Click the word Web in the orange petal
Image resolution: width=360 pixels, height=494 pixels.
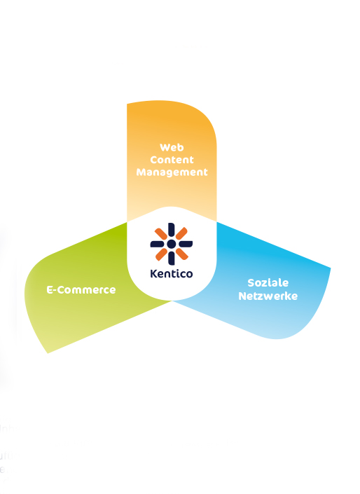(172, 147)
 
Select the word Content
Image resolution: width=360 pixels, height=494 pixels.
(172, 160)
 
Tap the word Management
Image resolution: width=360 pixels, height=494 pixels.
(172, 172)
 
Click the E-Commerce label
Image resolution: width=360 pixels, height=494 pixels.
(81, 290)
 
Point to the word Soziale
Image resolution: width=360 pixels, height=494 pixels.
(268, 282)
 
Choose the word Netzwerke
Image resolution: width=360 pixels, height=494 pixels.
(268, 296)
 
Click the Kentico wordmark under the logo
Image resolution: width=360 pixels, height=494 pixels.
(172, 273)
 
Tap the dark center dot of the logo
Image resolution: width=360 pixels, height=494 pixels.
(172, 244)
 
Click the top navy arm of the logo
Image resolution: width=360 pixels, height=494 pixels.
(172, 230)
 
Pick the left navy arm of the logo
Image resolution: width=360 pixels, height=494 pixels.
(158, 244)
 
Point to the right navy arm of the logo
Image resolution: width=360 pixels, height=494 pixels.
(185, 244)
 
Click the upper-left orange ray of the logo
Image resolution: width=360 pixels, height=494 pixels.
(161, 234)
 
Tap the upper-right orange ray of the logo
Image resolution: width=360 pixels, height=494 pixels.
(181, 233)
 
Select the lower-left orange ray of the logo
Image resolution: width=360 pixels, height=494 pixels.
(161, 254)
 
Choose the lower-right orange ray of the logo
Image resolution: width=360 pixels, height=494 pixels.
(181, 254)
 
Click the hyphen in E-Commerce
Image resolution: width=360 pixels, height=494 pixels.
(55, 291)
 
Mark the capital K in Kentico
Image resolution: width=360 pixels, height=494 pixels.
(153, 273)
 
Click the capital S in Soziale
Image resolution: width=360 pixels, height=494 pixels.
(251, 282)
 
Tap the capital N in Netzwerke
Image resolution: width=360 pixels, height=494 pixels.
(242, 296)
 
